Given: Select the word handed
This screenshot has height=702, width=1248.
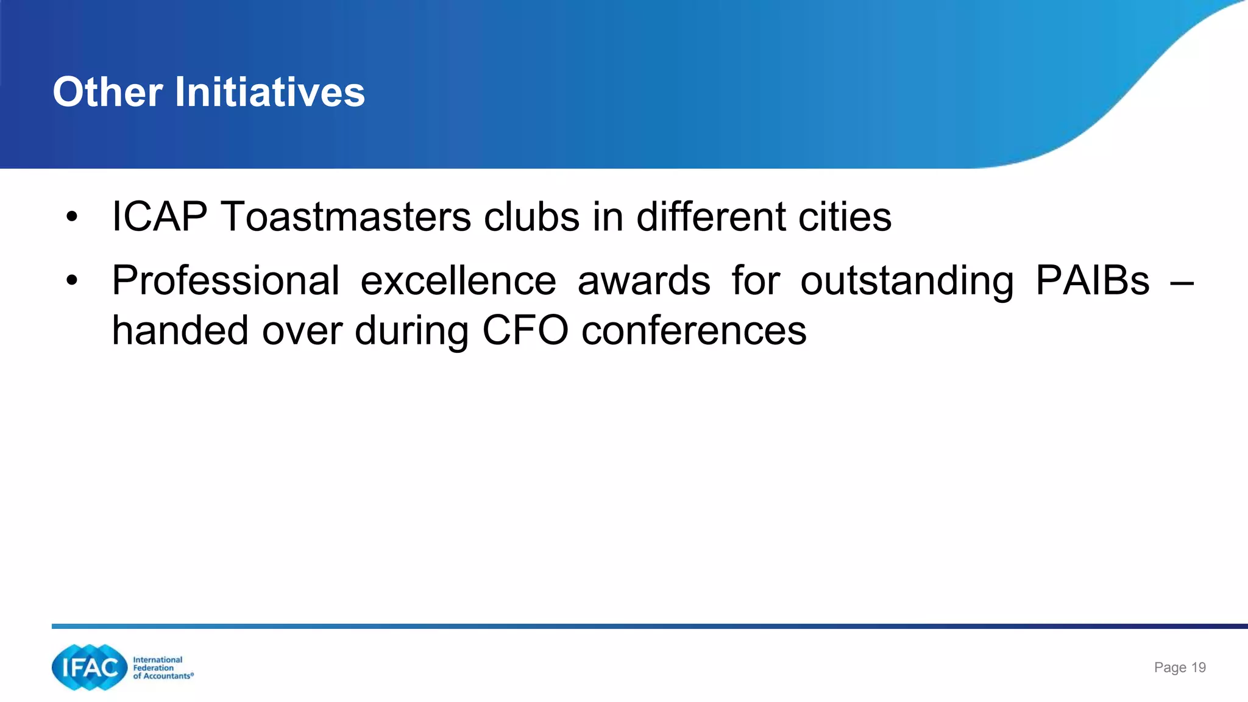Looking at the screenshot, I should pos(180,331).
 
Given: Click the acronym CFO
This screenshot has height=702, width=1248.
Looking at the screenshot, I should pos(525,331).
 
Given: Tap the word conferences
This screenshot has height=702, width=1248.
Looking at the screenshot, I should pos(694,331).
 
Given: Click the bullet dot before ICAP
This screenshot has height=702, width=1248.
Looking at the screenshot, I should pos(72,217).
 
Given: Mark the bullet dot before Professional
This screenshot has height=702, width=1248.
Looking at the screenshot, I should pos(72,281).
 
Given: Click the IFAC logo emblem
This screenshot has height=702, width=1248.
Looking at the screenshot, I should pos(90,667).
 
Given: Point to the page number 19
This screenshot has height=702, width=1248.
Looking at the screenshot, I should pos(1198,667).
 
